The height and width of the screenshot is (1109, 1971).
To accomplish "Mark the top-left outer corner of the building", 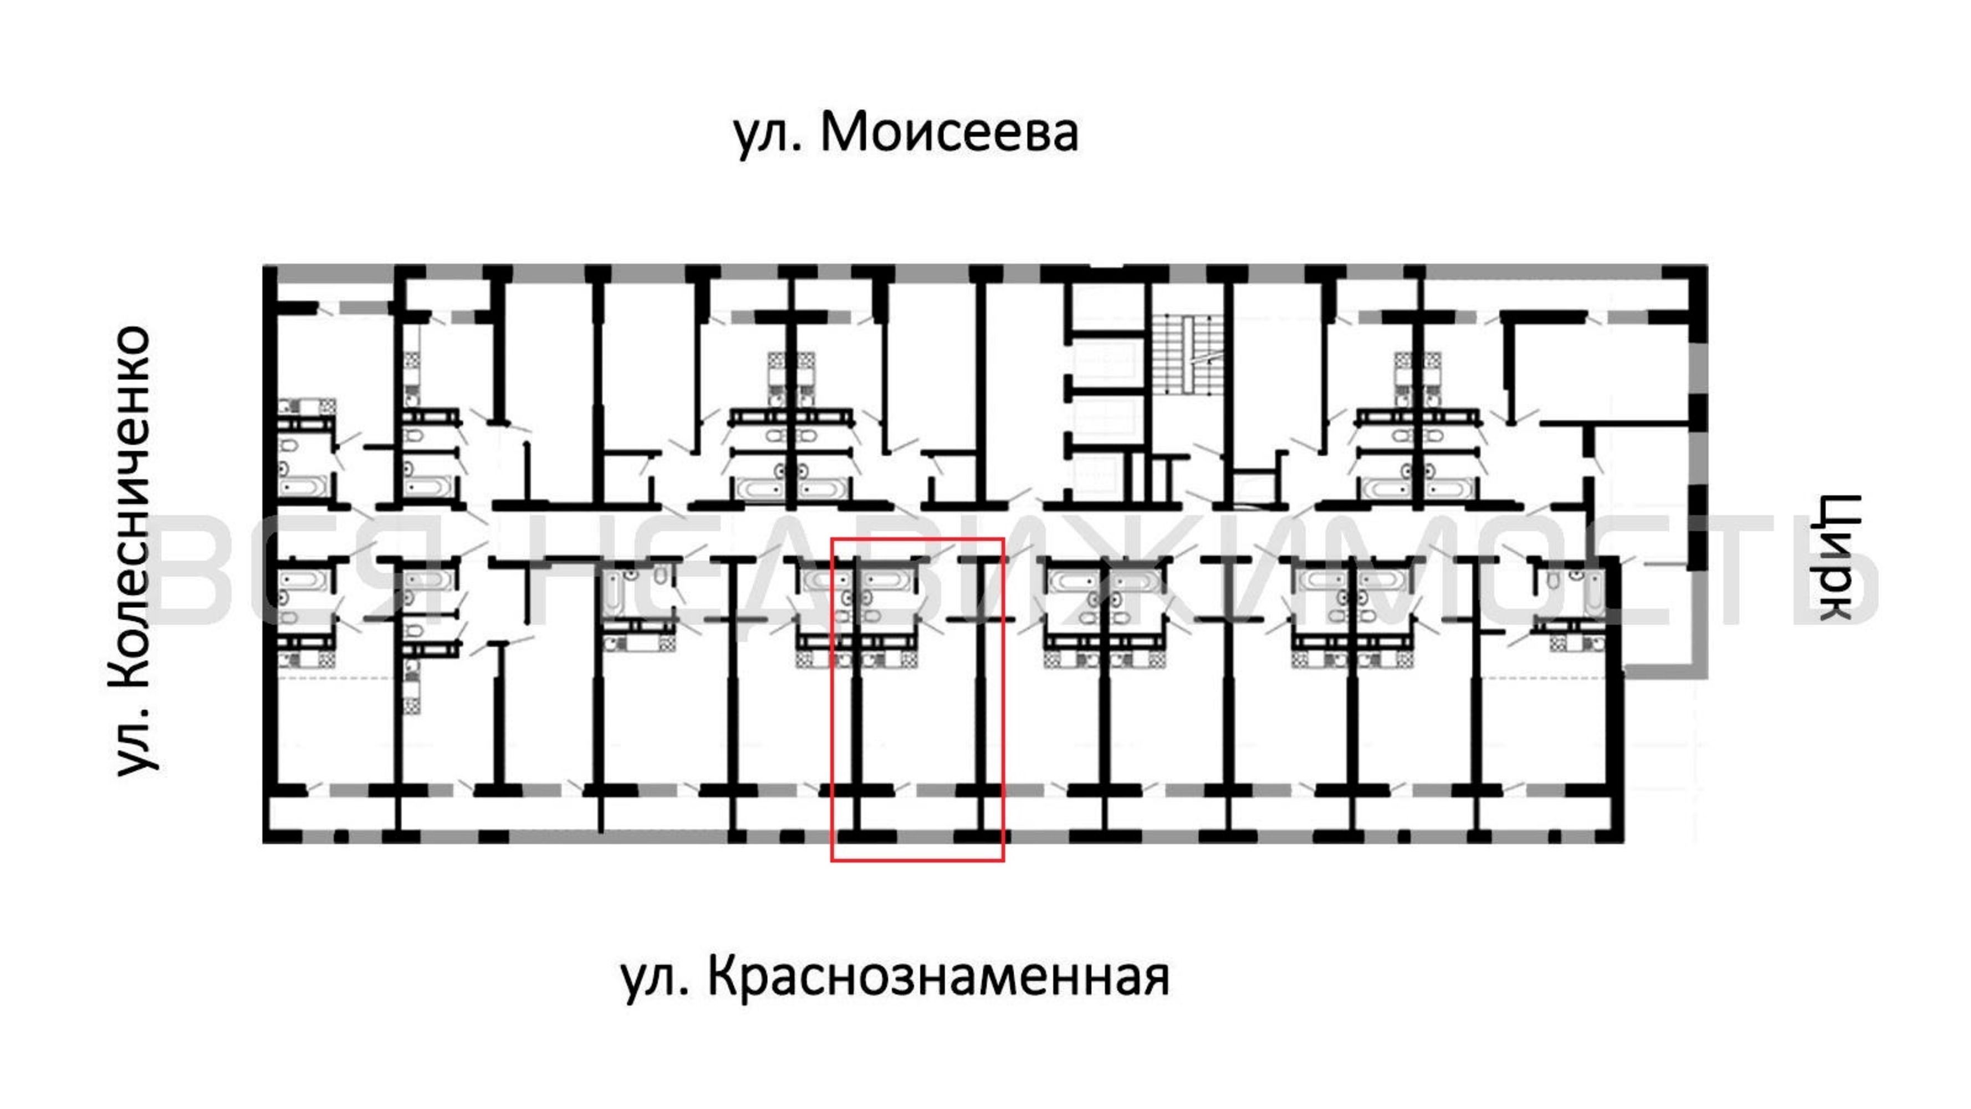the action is (x=263, y=266).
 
